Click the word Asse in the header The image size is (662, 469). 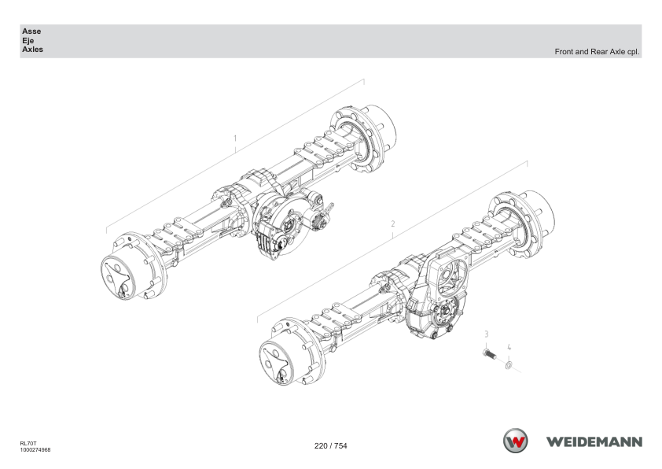click(31, 31)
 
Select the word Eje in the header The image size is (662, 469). click(28, 41)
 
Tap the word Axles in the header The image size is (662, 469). click(33, 50)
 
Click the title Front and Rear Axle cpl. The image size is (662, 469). click(597, 52)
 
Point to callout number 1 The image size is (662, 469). click(235, 138)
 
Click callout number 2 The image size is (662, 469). click(393, 223)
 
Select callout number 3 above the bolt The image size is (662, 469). click(487, 334)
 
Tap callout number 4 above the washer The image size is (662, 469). click(509, 347)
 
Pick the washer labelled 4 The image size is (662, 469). click(509, 364)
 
